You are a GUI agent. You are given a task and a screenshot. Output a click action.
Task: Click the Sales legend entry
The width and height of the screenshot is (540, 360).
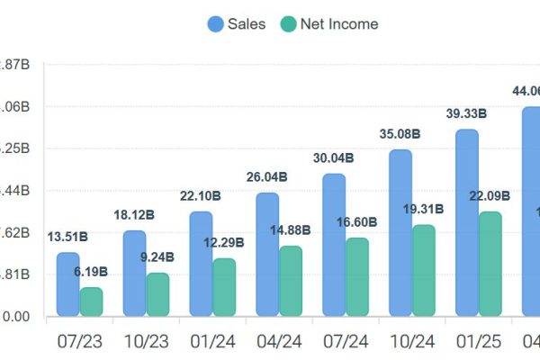coord(237,24)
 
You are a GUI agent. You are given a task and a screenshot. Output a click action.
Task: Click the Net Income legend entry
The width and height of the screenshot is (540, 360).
coord(328,24)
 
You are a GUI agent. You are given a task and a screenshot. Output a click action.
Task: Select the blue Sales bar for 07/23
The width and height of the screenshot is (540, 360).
coord(67,284)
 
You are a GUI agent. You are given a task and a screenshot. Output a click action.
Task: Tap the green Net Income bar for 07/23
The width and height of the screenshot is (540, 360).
coord(91,301)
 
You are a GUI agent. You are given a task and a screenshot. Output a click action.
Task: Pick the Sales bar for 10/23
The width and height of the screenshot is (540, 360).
coord(134,274)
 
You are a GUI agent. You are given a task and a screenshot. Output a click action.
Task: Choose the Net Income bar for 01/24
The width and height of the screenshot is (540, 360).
coord(224,287)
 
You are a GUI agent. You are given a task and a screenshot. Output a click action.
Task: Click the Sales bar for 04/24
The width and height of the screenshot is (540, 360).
coord(267,255)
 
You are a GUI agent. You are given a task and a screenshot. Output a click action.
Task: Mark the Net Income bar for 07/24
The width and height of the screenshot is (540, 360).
coord(357,277)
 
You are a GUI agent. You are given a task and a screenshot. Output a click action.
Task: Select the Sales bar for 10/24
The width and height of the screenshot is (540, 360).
coord(400,233)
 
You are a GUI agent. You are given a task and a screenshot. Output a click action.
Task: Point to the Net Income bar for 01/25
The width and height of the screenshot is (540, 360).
coord(490,264)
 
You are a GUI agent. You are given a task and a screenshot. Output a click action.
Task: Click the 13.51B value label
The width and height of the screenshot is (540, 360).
coord(67,237)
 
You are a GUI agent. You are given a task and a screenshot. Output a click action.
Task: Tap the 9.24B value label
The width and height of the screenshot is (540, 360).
coord(157,256)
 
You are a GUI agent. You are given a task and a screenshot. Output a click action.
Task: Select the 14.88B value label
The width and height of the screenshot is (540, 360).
coord(291,229)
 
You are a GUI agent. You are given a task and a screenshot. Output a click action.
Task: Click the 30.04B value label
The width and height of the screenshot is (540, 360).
coord(334,157)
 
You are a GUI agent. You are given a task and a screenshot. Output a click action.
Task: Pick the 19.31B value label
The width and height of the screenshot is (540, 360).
coord(424,208)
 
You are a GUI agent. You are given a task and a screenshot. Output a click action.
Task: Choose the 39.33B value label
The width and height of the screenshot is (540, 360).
coord(467,113)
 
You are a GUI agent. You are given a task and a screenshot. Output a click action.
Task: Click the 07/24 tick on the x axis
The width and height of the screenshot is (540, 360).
coord(346,341)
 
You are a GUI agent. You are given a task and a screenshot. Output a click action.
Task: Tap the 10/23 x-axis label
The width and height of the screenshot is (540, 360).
coord(146,341)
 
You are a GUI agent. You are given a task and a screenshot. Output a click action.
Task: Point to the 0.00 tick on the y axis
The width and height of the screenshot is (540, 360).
coord(15,316)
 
